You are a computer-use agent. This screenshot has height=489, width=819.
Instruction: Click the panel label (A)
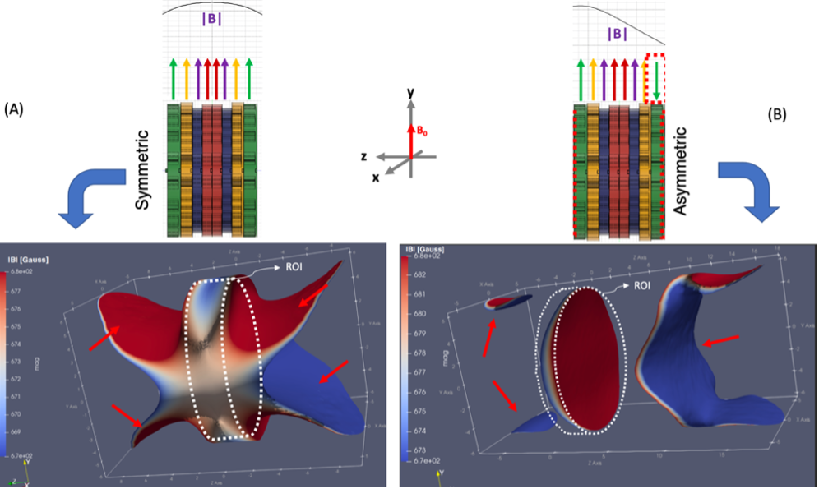16,109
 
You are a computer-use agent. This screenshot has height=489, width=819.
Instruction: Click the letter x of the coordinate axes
376,178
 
